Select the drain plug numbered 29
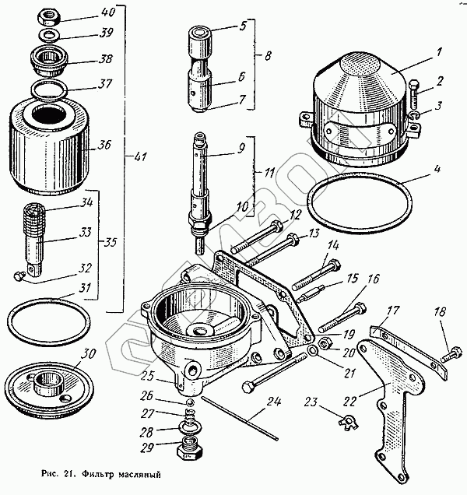[x=191, y=451]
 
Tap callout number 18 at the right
[x=441, y=312]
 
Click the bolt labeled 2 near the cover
[x=413, y=97]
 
